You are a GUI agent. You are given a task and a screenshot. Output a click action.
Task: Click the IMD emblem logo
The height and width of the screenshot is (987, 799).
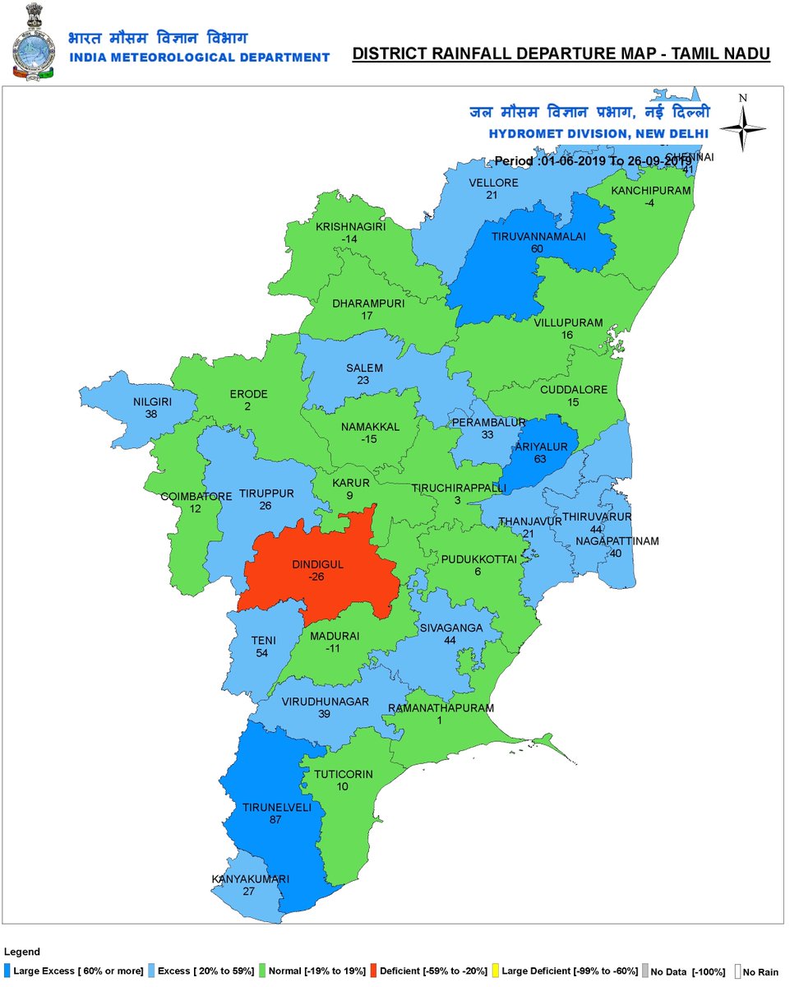(x=31, y=39)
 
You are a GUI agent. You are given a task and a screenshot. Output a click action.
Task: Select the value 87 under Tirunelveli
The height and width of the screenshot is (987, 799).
(x=276, y=820)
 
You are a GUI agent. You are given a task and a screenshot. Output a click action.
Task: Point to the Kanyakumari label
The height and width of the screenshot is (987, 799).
(x=251, y=879)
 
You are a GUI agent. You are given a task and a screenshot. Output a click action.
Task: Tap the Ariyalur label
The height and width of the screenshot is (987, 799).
(x=539, y=446)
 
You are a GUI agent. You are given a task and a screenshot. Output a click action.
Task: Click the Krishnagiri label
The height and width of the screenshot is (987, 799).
(x=350, y=226)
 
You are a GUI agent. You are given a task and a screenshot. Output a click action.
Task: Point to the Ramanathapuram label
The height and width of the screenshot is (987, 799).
(x=441, y=708)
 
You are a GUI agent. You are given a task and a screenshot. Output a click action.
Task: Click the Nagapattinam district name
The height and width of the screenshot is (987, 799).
(x=617, y=541)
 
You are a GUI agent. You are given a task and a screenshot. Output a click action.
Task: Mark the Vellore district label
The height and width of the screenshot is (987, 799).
(x=493, y=183)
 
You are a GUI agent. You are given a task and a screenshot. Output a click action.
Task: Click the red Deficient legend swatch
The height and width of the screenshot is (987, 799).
(x=374, y=971)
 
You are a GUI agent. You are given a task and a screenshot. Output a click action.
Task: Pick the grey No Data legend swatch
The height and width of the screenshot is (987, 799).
(x=645, y=971)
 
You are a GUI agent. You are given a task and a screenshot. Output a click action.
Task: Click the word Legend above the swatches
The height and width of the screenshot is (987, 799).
(x=21, y=952)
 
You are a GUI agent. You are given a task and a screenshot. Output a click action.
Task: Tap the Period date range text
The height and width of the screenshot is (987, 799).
(x=593, y=161)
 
